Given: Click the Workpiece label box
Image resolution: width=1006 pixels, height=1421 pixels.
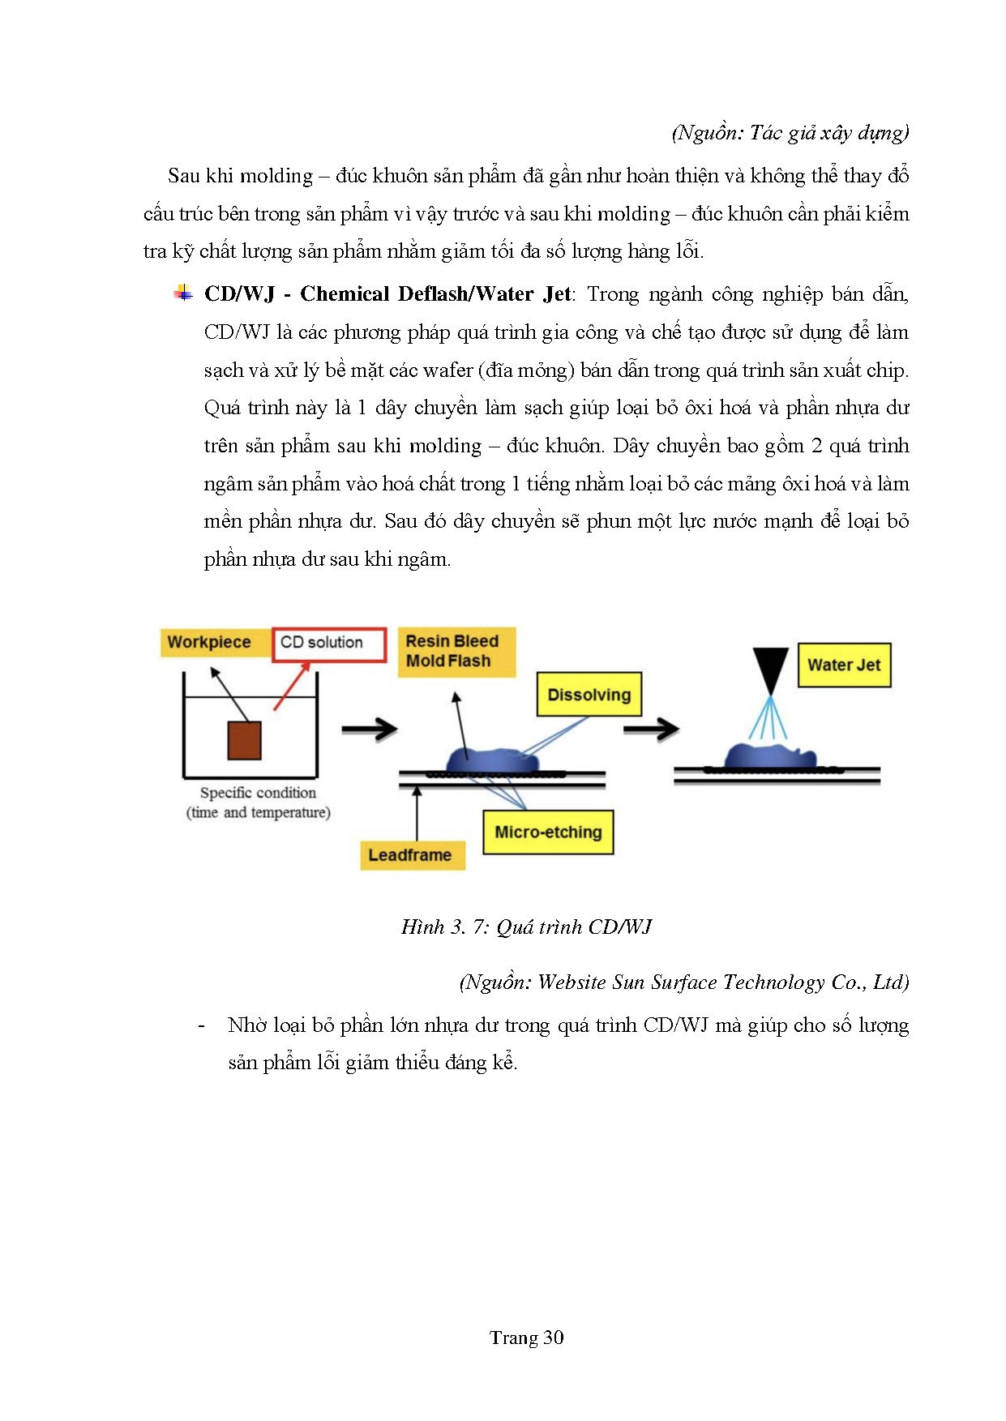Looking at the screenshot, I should point(209,642).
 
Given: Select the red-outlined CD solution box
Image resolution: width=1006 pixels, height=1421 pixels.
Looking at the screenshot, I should point(328,644).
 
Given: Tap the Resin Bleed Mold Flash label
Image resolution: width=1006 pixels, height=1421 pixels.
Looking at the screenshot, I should point(456,652).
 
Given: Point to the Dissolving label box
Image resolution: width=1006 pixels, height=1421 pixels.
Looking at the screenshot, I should point(589,695).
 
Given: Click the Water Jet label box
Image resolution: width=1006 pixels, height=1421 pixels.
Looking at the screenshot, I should point(844,666).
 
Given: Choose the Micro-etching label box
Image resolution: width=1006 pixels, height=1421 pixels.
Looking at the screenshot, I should point(548,832).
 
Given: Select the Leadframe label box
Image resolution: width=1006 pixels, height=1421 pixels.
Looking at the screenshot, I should point(411,855).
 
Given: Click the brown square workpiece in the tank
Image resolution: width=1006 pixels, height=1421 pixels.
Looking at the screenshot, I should point(244,739).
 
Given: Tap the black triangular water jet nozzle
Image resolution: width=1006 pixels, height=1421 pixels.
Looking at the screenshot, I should point(771,668).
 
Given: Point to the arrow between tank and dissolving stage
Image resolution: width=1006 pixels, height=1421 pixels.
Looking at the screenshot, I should point(369,730).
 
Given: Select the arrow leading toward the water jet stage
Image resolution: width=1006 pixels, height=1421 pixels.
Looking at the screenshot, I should point(651,729).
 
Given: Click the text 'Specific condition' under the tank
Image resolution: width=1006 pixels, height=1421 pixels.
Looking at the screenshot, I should point(258,793).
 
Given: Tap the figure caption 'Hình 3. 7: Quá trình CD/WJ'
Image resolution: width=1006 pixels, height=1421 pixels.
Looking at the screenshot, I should point(526,927).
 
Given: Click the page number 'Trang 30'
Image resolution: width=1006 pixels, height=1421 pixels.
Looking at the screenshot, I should point(526,1338).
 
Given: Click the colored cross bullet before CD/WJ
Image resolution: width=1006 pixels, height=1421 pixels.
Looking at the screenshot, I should point(184,293).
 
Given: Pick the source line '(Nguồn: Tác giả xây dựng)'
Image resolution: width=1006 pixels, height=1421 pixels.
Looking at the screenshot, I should point(790,133).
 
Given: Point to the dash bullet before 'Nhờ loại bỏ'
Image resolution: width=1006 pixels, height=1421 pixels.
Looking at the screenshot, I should point(201,1026).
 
